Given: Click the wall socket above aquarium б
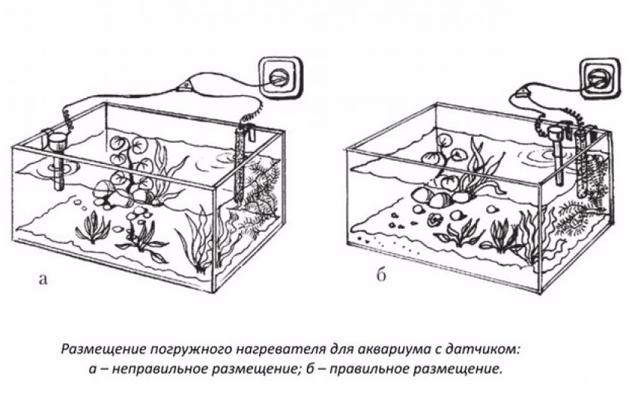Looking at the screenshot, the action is [599, 78].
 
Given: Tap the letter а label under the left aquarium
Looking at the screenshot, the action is [43, 279].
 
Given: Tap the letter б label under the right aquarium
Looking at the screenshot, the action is [382, 275].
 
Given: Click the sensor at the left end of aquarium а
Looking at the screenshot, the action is [57, 160].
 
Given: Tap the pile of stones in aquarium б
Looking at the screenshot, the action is [440, 197].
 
